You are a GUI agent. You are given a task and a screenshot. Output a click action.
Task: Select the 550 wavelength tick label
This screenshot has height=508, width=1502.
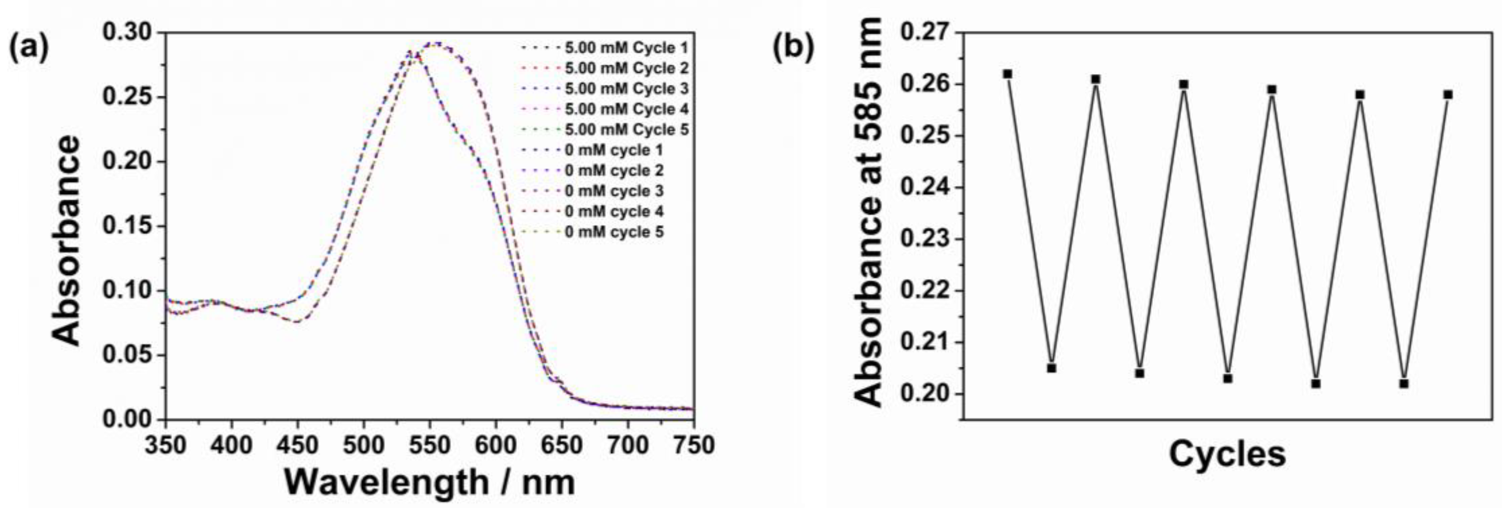(430, 446)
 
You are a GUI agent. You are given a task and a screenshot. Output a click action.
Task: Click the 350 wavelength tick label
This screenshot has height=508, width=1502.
(166, 446)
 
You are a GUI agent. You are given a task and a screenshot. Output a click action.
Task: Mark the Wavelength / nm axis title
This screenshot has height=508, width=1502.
(430, 482)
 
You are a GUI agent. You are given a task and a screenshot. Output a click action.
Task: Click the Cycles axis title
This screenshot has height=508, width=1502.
(1227, 454)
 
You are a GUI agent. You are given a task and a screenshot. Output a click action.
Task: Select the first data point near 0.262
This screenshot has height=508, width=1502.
(1007, 74)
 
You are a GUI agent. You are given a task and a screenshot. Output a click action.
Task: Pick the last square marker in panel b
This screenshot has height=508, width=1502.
(1448, 94)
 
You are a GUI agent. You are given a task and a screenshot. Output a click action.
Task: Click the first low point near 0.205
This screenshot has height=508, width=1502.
(1052, 368)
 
